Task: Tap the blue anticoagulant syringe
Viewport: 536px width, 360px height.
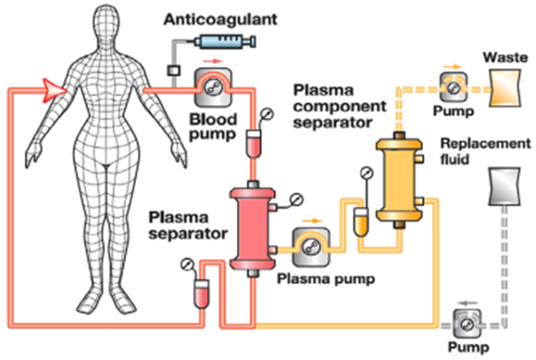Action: [220, 40]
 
